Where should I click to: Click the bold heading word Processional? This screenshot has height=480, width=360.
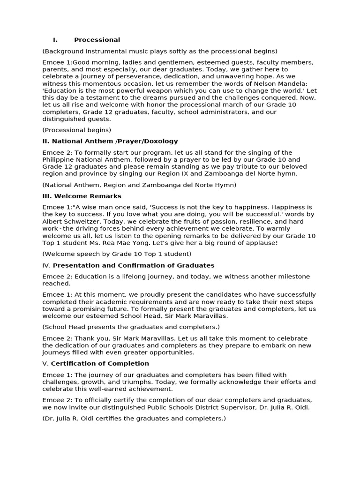[97, 40]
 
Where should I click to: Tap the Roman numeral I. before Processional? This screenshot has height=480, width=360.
[55, 40]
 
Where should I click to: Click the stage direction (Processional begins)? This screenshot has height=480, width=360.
[77, 130]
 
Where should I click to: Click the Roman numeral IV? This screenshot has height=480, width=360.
[46, 265]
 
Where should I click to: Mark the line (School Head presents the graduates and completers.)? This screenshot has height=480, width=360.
[131, 327]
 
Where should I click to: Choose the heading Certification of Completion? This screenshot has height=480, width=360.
[100, 363]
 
